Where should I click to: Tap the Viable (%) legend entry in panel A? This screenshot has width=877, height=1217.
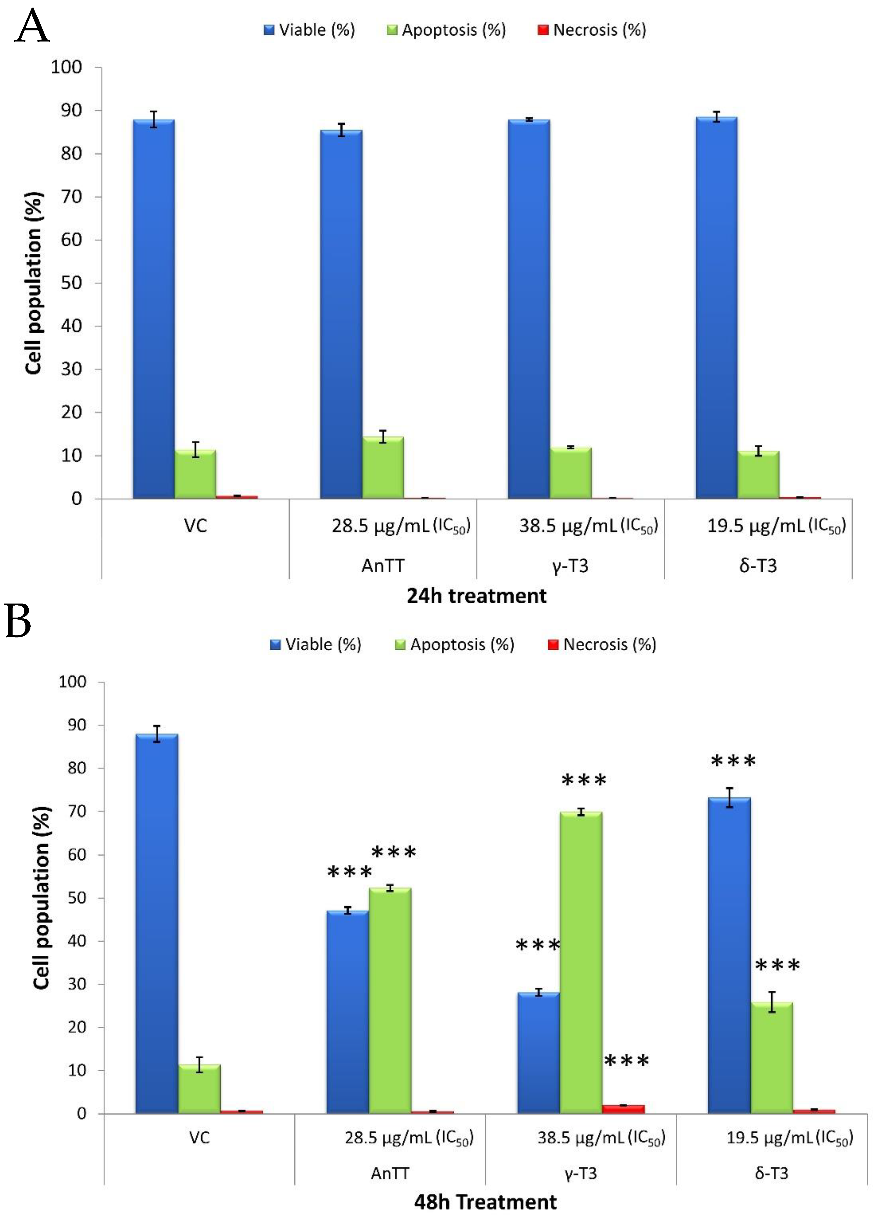click(x=309, y=30)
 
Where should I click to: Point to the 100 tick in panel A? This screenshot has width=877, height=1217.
click(x=66, y=68)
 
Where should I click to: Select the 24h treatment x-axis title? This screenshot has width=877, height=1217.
click(x=477, y=596)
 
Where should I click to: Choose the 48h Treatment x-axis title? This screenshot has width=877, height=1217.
click(x=485, y=1202)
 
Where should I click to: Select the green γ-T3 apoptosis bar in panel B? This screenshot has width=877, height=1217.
click(x=581, y=966)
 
